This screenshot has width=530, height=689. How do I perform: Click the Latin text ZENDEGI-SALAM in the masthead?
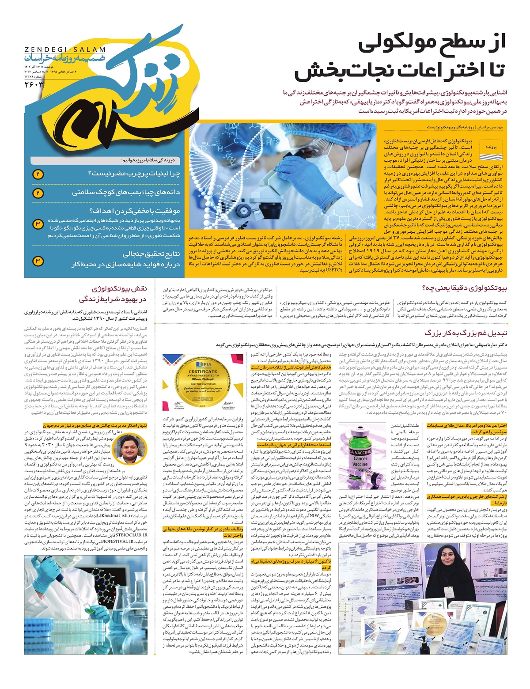(x=65, y=50)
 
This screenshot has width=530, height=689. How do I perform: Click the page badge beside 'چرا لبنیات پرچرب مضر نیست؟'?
(x=38, y=174)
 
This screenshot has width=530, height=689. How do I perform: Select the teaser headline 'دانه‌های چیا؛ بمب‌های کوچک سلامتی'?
(x=126, y=193)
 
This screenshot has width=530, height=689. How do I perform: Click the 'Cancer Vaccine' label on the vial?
(x=360, y=459)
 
